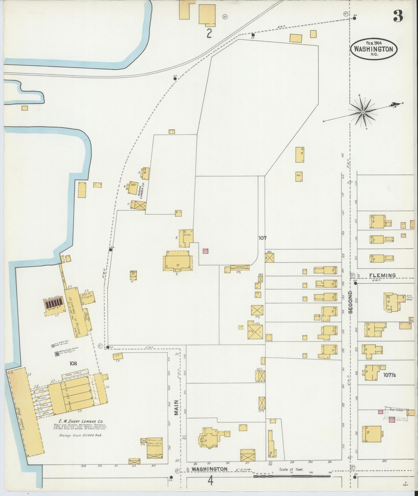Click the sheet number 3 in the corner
pos(398,16)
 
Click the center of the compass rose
pos(363,112)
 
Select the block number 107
pos(262,237)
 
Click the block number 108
pos(73,364)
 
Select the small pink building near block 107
pos(206,251)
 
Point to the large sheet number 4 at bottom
pos(210,481)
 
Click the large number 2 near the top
pos(209,34)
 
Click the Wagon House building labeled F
pos(133,275)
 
